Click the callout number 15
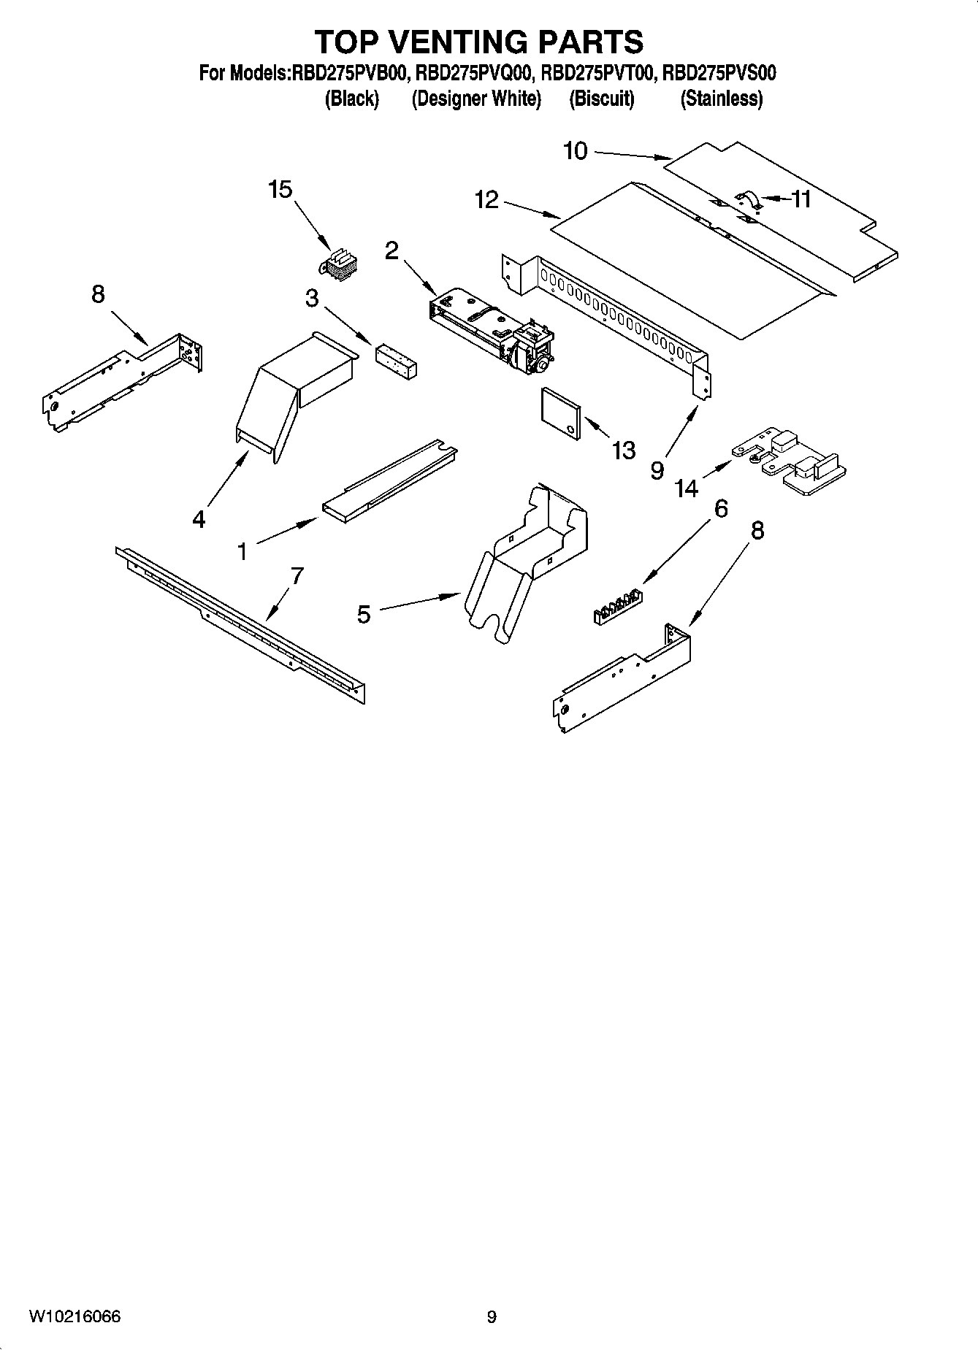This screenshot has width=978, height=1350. tap(280, 190)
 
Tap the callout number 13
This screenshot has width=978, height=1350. tap(623, 450)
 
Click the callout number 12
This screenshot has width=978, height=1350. tap(486, 199)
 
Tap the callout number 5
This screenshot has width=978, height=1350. tap(364, 615)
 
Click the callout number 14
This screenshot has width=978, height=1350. tap(687, 487)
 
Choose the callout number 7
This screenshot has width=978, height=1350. tap(297, 577)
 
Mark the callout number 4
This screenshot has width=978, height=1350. tap(199, 519)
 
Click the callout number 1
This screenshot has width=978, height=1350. tap(242, 551)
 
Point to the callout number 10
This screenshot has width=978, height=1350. tap(575, 151)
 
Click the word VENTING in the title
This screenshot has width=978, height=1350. tap(457, 42)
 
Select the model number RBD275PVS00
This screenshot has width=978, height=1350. tap(719, 73)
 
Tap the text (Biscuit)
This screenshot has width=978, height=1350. tap(602, 99)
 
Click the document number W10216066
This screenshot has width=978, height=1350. tap(75, 1317)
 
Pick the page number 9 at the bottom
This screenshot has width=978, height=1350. tap(492, 1317)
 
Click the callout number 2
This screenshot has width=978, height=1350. tap(391, 251)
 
